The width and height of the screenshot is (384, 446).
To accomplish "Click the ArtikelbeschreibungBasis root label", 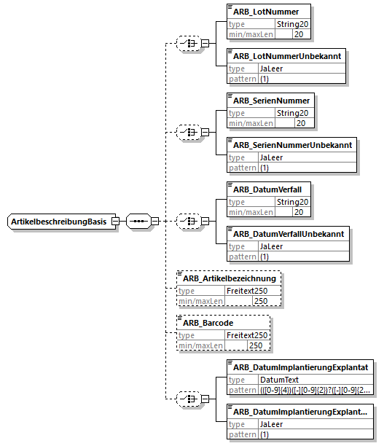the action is pos(58,222).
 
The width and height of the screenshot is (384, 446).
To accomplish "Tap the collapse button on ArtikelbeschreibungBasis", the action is pos(115,221).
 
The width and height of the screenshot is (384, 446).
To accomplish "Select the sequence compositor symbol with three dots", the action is pos(138,221).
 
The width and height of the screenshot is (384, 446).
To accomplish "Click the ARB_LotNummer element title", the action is pos(266,12).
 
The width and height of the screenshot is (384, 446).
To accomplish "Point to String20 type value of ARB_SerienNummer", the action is pos(293,113).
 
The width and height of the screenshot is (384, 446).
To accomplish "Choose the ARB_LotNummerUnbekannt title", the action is pos(287,56).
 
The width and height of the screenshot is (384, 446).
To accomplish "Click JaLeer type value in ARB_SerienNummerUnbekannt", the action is pos(271,157).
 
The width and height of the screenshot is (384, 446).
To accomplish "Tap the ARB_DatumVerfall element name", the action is pos(267,189).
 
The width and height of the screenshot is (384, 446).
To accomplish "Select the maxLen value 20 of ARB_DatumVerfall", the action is pos(299,212).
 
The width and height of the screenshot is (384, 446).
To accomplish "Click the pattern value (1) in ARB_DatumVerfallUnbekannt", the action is pos(265,257).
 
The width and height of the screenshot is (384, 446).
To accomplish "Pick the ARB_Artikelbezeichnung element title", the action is pos(230,278).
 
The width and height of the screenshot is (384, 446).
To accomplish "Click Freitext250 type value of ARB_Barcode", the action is pos(247,335).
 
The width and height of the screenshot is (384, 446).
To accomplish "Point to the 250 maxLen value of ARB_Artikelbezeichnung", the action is pos(261,301).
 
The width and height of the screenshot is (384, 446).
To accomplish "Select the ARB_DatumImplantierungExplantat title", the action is pos(301,367).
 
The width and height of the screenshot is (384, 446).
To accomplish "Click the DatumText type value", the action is pos(279,380).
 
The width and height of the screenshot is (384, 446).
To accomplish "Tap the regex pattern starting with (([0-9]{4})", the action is pos(316,390).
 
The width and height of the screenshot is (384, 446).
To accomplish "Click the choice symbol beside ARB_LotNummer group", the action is pos(188,43).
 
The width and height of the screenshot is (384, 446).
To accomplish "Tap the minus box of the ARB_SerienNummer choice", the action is pos(205,132).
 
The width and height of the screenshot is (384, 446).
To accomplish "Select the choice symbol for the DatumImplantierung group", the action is pos(188,399).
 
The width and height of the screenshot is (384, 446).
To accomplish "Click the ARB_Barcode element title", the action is pos(208,323).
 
